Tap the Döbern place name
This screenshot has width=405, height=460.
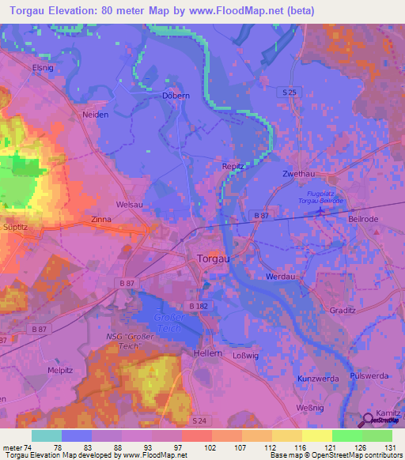(x=176, y=96)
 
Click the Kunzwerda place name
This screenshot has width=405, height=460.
(x=318, y=379)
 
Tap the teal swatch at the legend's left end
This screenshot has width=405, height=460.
(x=46, y=435)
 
